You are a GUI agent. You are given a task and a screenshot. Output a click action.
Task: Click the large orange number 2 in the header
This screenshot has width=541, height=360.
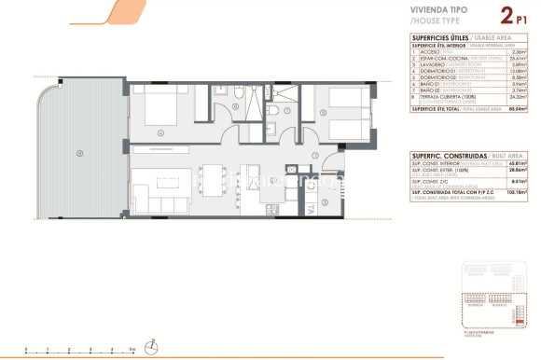pos(482,15)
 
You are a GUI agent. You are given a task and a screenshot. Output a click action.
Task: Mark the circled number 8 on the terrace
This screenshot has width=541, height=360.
pos(80,153)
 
